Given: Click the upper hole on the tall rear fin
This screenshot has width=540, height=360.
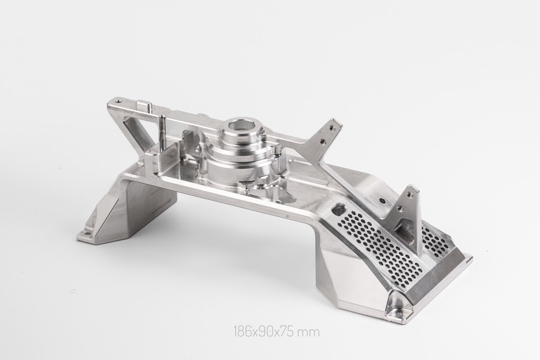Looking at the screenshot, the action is pyautogui.click(x=332, y=128).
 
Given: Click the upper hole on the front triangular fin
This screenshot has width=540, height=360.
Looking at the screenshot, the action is pyautogui.click(x=409, y=194).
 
